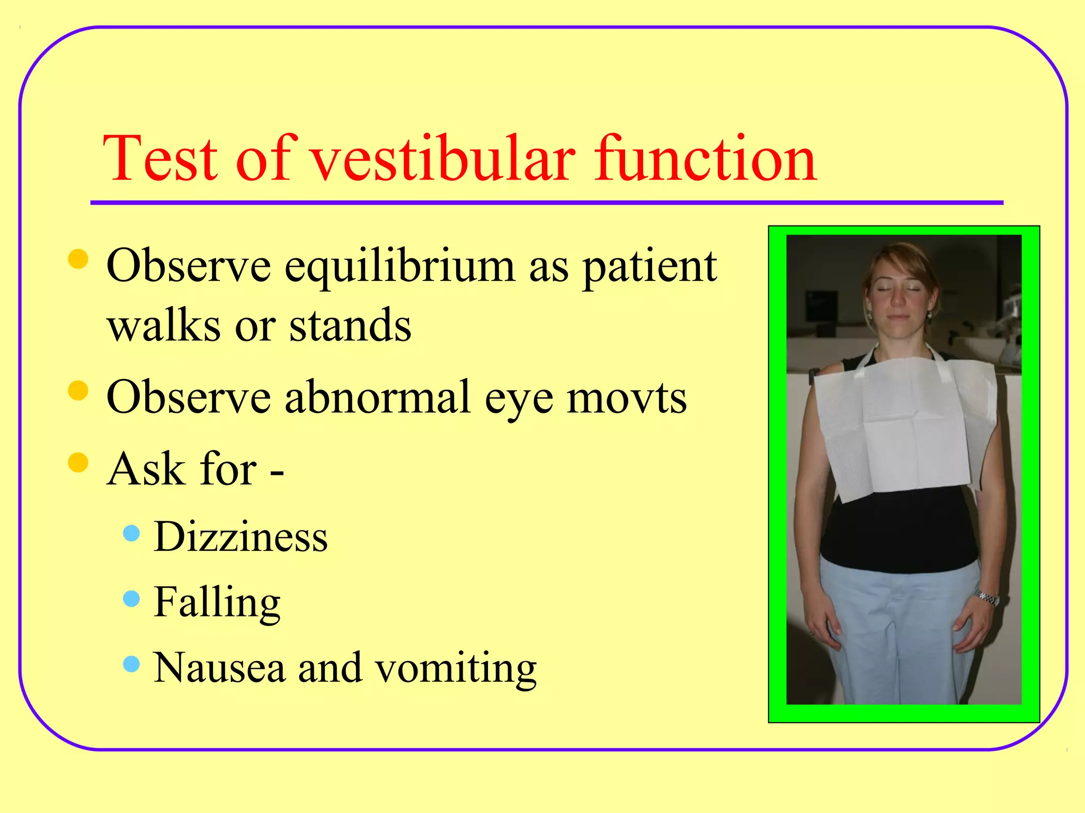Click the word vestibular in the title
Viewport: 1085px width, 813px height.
(442, 159)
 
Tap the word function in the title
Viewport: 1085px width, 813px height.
(705, 159)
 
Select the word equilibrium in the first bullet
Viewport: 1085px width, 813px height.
(400, 267)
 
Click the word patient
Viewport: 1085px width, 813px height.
(650, 267)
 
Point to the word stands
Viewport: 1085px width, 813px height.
(350, 326)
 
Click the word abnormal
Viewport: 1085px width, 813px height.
(377, 398)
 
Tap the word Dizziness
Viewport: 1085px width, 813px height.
(241, 537)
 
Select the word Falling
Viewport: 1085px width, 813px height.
(217, 603)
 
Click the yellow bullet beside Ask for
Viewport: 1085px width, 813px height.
(78, 462)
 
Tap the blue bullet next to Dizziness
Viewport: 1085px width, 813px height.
(131, 533)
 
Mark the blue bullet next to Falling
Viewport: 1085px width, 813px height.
(131, 599)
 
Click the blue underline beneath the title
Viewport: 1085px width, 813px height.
(546, 203)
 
